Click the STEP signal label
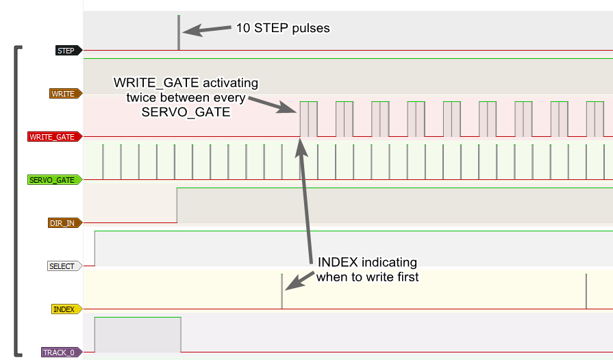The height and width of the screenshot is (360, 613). (66, 51)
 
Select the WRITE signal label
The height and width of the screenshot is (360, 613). (64, 94)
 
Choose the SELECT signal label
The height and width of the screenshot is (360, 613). (62, 266)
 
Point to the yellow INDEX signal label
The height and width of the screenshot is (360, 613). (64, 309)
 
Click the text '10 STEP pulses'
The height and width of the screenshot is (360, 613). (283, 29)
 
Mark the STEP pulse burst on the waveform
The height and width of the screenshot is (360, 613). (179, 33)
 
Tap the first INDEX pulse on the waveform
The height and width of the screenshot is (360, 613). (282, 291)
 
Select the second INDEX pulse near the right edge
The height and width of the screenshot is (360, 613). (586, 291)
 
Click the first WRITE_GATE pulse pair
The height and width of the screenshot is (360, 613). (308, 119)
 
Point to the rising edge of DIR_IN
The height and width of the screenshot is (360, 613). (177, 205)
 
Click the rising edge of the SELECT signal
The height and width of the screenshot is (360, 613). (95, 248)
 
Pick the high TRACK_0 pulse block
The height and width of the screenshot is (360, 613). (138, 335)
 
